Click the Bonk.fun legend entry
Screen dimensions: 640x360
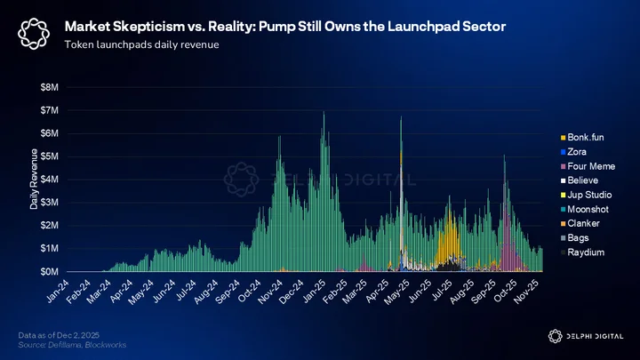[x=582, y=138]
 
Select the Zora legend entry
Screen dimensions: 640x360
[x=573, y=152]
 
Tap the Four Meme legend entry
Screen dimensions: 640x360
[x=588, y=166]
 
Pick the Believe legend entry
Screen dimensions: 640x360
[x=580, y=180]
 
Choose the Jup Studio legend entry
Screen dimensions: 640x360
[x=586, y=195]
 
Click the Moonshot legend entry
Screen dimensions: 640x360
[x=585, y=209]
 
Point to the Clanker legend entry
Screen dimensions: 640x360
[x=580, y=223]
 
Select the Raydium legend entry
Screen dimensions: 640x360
[x=582, y=252]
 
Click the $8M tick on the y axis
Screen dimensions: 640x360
[x=50, y=87]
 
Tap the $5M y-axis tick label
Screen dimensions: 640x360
[x=50, y=156]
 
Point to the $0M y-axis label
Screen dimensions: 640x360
[x=50, y=271]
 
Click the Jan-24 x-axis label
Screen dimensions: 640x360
[x=58, y=292]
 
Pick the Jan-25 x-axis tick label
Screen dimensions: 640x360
[x=315, y=292]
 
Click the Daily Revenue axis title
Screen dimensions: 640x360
[x=34, y=179]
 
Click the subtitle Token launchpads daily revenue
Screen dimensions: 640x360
[x=141, y=44]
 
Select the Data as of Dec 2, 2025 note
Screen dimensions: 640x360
[x=59, y=335]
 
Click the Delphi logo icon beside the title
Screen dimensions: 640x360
[x=34, y=34]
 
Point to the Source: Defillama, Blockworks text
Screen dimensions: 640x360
[x=72, y=345]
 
